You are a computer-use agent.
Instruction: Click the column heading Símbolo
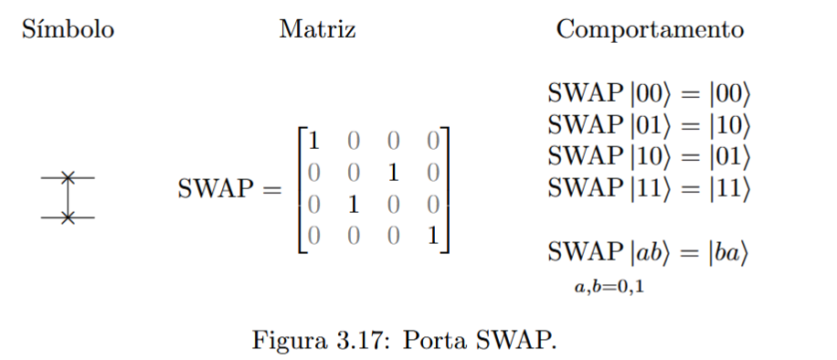68,30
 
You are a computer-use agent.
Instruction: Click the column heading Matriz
317,30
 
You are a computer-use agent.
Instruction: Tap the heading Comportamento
650,30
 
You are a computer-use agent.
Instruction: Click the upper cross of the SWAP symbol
67,176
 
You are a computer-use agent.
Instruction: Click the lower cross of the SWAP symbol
67,217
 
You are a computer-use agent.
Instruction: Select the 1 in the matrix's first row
313,142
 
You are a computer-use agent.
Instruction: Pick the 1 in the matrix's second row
392,173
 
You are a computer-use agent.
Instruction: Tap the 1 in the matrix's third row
353,204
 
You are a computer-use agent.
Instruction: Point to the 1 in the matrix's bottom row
431,235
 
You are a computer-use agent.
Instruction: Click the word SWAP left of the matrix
216,191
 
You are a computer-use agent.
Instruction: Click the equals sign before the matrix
273,191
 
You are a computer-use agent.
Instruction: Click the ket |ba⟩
730,252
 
